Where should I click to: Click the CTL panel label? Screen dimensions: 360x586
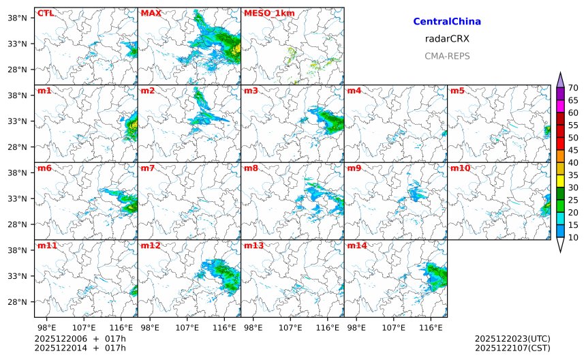[x=46, y=13]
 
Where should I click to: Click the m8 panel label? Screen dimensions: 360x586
[x=251, y=168]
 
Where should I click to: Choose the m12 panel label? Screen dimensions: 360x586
[x=150, y=245]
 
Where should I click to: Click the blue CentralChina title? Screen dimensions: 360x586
[x=447, y=22]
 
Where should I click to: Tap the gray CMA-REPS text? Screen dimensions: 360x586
[x=447, y=56]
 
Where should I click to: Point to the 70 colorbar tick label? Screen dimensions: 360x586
[x=573, y=88]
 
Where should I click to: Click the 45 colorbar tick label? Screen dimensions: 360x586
[x=573, y=150]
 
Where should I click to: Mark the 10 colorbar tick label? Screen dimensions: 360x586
[x=573, y=237]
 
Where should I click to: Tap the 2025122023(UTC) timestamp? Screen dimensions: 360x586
[x=512, y=339]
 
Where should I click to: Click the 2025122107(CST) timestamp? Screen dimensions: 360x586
[x=512, y=348]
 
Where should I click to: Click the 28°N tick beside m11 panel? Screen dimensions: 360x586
[x=16, y=302]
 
